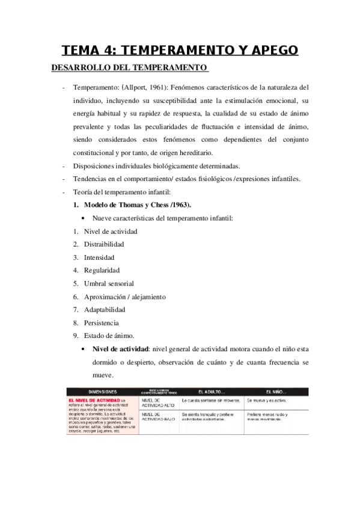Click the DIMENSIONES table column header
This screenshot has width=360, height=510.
(102, 390)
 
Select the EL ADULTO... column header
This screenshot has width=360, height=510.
(210, 390)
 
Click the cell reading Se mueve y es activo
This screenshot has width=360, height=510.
(267, 399)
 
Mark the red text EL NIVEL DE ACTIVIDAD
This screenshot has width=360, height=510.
(93, 399)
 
